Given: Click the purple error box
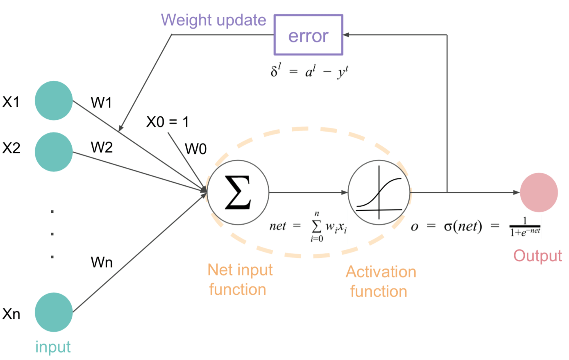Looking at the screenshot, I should tap(308, 35).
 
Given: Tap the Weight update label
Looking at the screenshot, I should tap(213, 20).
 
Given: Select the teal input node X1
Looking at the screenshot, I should tap(54, 101).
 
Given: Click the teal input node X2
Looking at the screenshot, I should tap(54, 152).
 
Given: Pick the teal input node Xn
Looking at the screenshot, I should tap(54, 312).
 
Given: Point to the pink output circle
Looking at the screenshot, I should tap(538, 193).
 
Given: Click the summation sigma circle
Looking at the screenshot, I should tap(238, 193).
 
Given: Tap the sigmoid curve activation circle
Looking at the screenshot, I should tap(379, 193).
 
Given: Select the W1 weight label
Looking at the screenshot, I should tap(101, 103).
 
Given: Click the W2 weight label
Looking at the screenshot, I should tap(101, 147).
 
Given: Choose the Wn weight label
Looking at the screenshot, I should tap(101, 262).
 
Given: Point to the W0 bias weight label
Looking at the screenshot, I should tap(196, 149).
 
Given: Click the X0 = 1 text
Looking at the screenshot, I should tap(167, 122).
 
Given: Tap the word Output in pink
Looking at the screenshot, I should tap(537, 256).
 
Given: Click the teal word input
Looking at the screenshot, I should tap(53, 347).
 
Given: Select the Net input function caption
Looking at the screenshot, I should tap(239, 280).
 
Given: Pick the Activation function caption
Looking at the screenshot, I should tap(380, 282).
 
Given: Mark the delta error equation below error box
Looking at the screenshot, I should tap(309, 71).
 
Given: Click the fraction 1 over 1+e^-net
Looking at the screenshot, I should tap(525, 227).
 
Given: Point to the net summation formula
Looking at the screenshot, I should tap(308, 227).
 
